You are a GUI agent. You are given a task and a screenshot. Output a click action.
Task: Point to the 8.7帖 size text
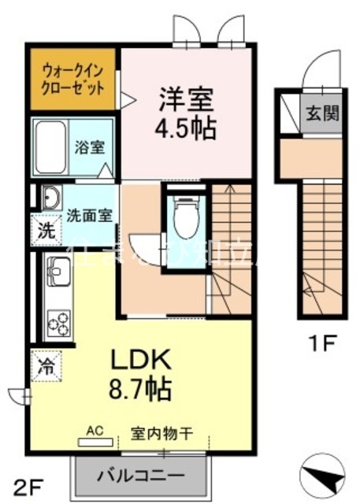tap(142, 387)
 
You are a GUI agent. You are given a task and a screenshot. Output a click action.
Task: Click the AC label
tap(95, 431)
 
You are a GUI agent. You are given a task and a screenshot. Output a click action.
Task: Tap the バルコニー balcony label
tap(143, 475)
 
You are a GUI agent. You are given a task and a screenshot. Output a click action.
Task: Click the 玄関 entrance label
tap(320, 113)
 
